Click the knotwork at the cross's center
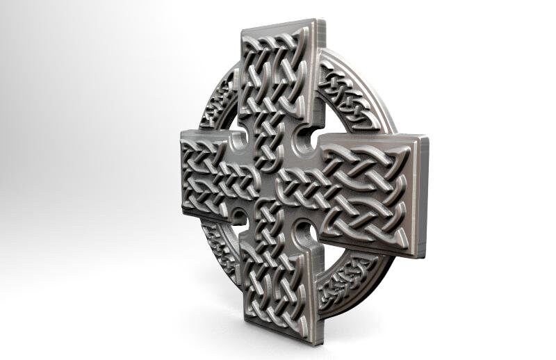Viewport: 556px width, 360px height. coord(275,177)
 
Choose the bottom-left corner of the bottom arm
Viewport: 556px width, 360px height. coord(244,321)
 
